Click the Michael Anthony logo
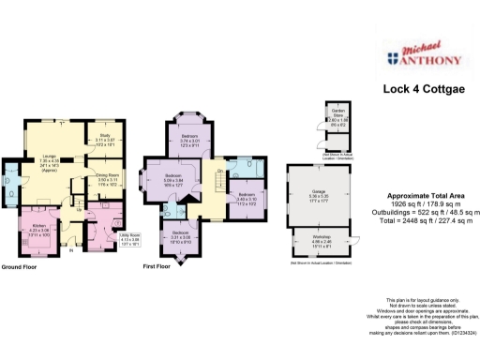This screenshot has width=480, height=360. click(x=422, y=57)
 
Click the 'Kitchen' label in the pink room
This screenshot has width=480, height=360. click(x=38, y=228)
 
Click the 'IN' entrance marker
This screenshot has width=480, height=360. click(x=71, y=250)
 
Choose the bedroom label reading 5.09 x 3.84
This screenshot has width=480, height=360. click(x=173, y=179)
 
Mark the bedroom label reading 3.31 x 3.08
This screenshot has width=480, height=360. click(x=180, y=235)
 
